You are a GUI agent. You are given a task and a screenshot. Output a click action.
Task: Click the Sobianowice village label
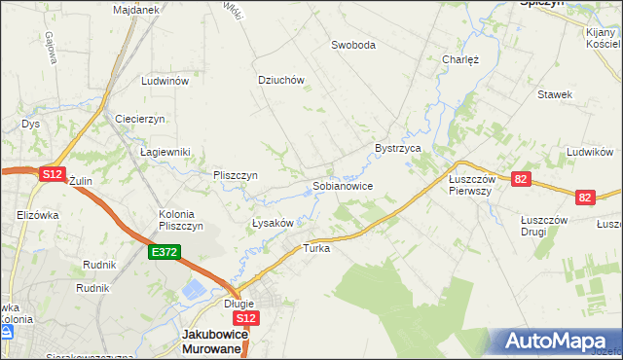tap(342, 185)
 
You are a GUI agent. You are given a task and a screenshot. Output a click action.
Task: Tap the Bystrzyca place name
tap(397, 148)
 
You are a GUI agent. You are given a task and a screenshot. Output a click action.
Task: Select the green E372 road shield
tap(163, 252)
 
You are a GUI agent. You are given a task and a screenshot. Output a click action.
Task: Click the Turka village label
tap(317, 248)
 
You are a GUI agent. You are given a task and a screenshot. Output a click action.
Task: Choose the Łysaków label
tap(273, 223)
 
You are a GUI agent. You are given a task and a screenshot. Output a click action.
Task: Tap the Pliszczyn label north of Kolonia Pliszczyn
tap(235, 175)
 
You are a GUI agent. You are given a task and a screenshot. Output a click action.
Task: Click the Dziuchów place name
tap(281, 81)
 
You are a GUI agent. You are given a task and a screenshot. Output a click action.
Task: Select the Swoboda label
tap(352, 45)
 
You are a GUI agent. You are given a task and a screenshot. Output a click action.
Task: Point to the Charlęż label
tap(460, 58)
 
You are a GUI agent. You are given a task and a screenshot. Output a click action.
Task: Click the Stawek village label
tap(555, 94)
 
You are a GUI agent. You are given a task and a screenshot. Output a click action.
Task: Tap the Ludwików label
tap(589, 152)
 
